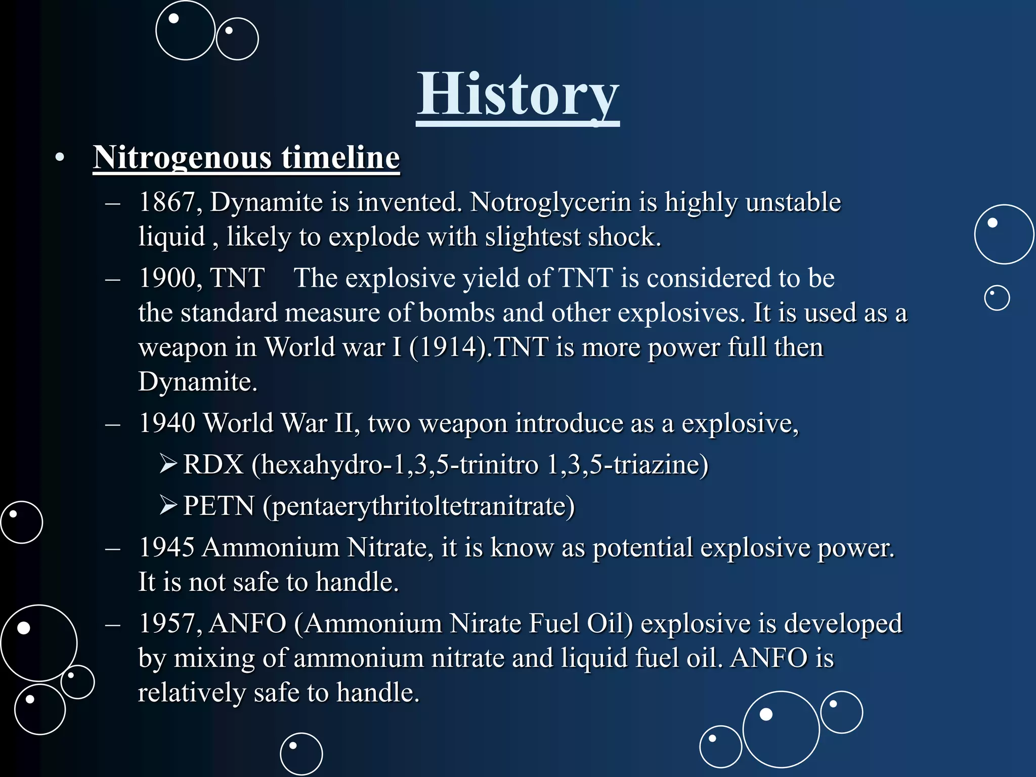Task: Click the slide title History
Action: tap(517, 95)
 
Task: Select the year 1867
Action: tap(166, 202)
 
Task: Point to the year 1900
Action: tap(166, 278)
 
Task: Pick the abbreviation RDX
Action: tap(213, 464)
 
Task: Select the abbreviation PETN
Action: tap(219, 506)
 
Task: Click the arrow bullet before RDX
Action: tap(168, 463)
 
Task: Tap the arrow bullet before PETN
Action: tap(168, 505)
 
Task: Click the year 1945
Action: tap(166, 547)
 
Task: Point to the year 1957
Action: tap(166, 623)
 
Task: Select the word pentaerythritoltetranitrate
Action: tap(419, 506)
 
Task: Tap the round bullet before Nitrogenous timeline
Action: tap(60, 158)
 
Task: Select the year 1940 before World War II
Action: tap(166, 423)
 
